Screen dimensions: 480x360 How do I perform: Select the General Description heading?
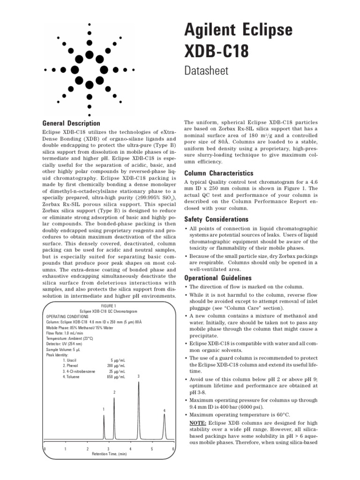click(71, 123)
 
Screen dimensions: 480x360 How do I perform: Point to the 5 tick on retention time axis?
click(152, 449)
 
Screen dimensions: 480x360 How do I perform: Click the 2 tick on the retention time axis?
click(87, 449)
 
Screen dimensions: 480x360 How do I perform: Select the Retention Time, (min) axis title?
click(109, 454)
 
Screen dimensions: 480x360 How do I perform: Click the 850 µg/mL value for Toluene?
click(116, 376)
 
